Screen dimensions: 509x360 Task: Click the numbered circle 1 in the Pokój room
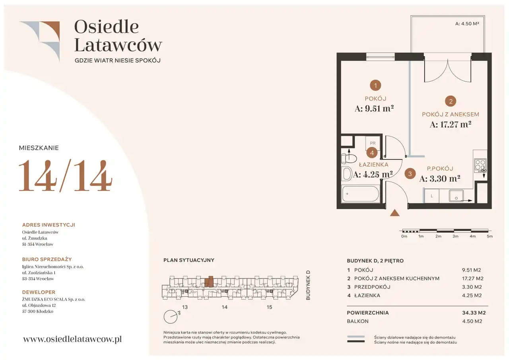click(375, 86)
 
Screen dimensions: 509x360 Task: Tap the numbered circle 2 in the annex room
click(451, 101)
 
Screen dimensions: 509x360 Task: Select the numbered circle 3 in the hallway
click(410, 174)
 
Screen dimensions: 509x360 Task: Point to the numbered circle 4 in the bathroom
click(372, 153)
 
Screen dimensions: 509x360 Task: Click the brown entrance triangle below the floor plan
click(395, 212)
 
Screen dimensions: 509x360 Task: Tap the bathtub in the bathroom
click(361, 194)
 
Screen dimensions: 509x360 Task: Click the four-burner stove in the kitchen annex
click(480, 165)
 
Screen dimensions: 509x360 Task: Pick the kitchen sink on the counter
click(456, 196)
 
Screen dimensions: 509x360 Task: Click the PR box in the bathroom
click(373, 143)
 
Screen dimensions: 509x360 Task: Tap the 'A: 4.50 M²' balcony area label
click(467, 23)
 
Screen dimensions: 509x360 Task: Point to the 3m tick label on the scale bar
click(455, 236)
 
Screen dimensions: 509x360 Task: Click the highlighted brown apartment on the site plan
click(209, 282)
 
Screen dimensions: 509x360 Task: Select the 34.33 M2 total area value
click(474, 313)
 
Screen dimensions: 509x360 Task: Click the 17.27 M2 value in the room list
click(473, 278)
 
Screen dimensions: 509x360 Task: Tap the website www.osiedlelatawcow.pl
click(72, 339)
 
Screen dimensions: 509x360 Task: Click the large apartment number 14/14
click(66, 176)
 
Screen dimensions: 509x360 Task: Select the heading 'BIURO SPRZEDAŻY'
click(47, 259)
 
